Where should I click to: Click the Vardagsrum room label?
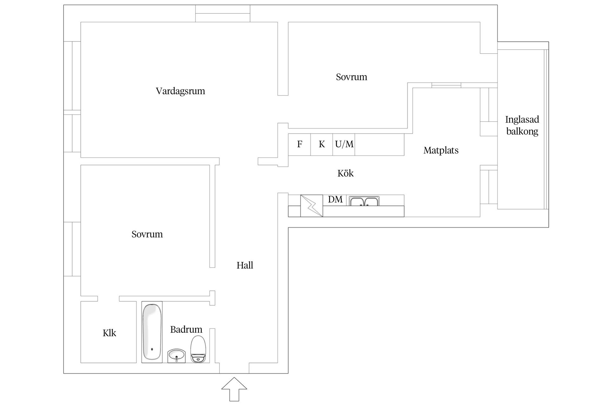tap(180, 91)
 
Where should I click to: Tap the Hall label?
tap(245, 265)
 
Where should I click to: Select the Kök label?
tap(345, 173)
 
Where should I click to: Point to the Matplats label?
tap(441, 150)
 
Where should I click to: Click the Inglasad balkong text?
tap(522, 125)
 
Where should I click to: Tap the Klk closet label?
tap(109, 333)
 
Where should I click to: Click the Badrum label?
tap(186, 330)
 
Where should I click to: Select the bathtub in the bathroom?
tap(152, 332)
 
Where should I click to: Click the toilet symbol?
tap(198, 349)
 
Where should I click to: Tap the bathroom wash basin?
tap(177, 356)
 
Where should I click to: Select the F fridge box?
tap(299, 145)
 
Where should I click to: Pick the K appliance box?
tap(322, 145)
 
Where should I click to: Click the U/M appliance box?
tap(344, 145)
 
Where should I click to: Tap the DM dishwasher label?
tap(335, 200)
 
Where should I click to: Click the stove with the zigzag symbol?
tap(312, 206)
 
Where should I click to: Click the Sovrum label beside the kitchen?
tap(351, 77)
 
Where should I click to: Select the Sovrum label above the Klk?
tap(147, 234)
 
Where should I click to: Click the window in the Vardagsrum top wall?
tap(223, 14)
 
